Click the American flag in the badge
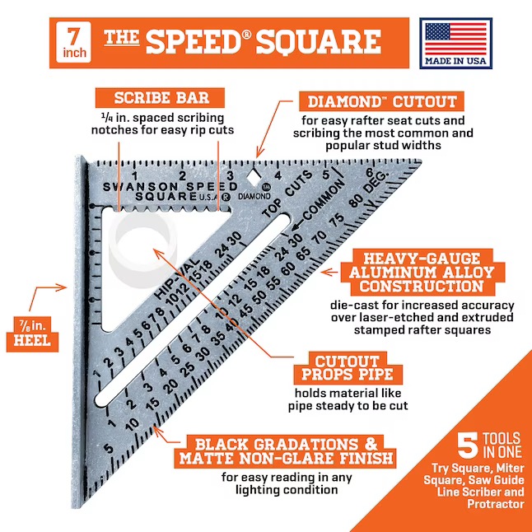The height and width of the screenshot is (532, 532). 455,39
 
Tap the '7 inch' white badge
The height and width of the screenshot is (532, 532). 73,42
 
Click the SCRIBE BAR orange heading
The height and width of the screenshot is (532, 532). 160,98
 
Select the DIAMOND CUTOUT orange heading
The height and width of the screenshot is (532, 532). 381,101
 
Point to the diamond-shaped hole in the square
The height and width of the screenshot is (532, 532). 253,177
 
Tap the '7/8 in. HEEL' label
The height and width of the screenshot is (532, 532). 32,334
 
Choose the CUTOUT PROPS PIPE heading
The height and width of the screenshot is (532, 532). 348,368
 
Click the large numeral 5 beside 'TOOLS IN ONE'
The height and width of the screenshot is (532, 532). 468,444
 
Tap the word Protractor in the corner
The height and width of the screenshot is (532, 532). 496,504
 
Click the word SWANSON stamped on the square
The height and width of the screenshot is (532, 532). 140,187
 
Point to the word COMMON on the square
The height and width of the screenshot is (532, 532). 324,200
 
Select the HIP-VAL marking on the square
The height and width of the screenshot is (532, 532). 176,278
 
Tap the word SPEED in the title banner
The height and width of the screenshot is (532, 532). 197,42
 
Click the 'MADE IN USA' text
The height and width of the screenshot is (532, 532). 455,61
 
